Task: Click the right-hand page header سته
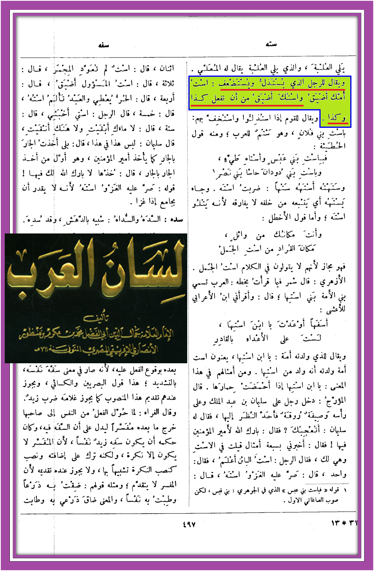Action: point(271,44)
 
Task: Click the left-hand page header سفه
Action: point(104,46)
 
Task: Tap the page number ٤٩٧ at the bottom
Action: point(189,524)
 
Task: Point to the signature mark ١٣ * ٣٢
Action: point(344,523)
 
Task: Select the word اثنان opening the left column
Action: point(165,68)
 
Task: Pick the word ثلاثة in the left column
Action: point(165,83)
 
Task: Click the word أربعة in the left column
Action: point(165,99)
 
